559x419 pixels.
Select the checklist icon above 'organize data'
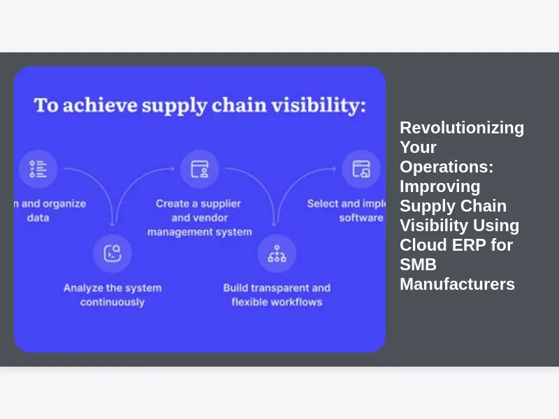38,169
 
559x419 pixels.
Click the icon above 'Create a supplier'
200,169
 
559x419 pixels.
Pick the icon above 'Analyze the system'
112,253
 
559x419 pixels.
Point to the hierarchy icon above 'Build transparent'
277,253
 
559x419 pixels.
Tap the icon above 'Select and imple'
361,169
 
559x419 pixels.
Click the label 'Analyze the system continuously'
112,295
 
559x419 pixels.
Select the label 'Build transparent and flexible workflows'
277,295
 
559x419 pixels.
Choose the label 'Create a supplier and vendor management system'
199,217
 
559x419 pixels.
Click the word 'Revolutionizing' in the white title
462,128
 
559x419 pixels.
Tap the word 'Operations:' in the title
447,167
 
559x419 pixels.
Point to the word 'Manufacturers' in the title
457,284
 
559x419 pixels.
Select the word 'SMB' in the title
418,265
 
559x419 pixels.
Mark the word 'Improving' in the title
440,186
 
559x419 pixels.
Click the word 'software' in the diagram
361,218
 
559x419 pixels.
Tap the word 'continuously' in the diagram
112,302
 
